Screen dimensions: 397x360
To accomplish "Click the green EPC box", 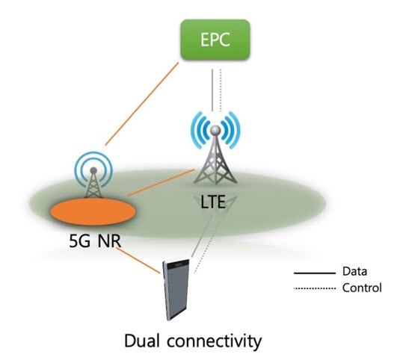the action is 215,40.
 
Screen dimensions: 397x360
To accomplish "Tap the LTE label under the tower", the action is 212,202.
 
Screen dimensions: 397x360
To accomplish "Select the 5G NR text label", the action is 95,240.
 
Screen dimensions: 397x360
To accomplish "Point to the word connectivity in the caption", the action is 214,341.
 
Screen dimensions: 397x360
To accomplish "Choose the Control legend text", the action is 362,288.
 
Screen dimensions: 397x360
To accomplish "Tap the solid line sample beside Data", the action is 315,273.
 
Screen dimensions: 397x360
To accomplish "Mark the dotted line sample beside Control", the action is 315,288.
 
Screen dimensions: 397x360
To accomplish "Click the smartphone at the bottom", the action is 176,289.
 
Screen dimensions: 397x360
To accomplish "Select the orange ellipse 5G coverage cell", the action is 93,211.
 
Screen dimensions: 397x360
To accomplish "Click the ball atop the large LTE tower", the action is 216,131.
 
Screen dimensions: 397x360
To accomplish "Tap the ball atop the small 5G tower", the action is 93,170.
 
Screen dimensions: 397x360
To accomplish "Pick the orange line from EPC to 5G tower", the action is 142,104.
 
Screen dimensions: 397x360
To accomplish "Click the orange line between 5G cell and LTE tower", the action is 161,182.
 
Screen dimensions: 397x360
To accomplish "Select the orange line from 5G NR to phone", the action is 138,261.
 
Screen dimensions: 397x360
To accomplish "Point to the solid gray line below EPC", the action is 212,90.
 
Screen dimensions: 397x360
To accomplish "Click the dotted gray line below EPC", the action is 221,90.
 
